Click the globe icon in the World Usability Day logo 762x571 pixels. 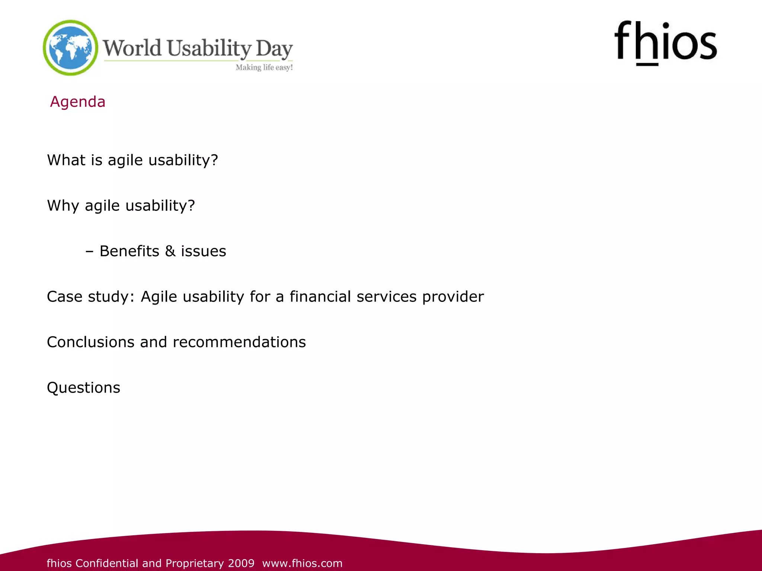pos(71,48)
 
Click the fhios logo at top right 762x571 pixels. pos(665,43)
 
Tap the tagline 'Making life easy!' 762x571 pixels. pos(264,67)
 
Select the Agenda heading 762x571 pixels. pos(78,102)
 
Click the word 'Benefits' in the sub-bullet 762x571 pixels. pos(129,251)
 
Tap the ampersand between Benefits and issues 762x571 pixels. pos(170,251)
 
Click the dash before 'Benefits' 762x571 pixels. pos(89,252)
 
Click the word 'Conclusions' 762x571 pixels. pos(90,342)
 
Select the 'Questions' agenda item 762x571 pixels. pos(83,388)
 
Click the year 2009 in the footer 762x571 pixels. pos(241,563)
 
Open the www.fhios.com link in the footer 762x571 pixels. pos(302,563)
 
